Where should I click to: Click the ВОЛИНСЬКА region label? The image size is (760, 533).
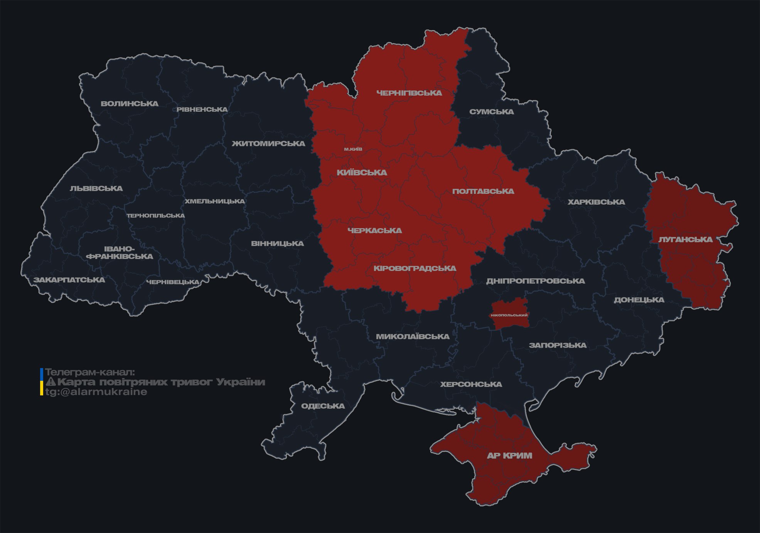click(130, 104)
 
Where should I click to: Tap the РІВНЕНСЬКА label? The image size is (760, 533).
click(202, 109)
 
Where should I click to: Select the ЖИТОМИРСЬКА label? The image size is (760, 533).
click(268, 144)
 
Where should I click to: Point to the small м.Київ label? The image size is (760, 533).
click(353, 149)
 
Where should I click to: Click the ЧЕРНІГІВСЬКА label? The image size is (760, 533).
click(409, 93)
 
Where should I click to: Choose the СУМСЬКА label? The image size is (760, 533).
click(492, 112)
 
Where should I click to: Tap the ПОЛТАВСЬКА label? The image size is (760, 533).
click(483, 191)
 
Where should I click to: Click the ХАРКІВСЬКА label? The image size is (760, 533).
click(596, 202)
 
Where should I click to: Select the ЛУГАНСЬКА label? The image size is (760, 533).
click(686, 239)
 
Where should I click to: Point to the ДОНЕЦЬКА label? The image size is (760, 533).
click(639, 300)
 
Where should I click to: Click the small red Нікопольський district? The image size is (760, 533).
click(509, 315)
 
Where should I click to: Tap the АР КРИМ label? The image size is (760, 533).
click(509, 456)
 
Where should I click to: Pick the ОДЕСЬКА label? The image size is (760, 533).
click(323, 406)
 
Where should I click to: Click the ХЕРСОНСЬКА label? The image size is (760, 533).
click(471, 384)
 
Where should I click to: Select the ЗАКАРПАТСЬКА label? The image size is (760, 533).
click(69, 280)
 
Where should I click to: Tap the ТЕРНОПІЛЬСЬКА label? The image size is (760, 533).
click(156, 215)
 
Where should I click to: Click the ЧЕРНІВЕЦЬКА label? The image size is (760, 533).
click(173, 282)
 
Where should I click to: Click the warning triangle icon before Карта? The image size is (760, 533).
click(51, 382)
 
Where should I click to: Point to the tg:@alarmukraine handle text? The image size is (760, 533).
click(96, 392)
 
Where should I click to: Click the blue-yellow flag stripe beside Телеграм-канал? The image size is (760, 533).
click(42, 382)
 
